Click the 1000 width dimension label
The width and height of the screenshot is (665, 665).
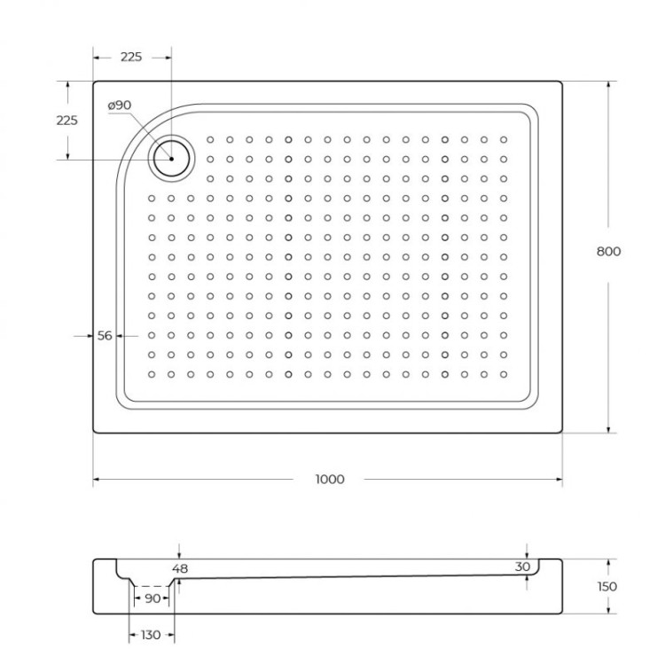pos(329,480)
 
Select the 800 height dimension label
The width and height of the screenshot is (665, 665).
pos(608,251)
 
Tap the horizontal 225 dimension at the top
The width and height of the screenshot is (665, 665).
pos(131,57)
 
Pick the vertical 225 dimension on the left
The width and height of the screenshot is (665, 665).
pos(66,121)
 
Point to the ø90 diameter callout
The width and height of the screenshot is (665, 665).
pos(119,106)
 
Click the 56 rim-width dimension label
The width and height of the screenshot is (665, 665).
pos(105,336)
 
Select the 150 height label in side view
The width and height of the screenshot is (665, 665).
pos(607,586)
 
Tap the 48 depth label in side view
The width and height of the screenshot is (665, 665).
pos(181,568)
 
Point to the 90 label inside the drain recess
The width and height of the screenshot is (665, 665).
pos(153,598)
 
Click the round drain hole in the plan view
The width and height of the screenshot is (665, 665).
pos(169,159)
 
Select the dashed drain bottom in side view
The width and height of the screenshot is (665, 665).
pos(153,586)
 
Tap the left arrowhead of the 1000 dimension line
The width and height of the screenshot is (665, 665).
pos(97,480)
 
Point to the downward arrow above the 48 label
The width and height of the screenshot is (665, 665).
pos(179,555)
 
